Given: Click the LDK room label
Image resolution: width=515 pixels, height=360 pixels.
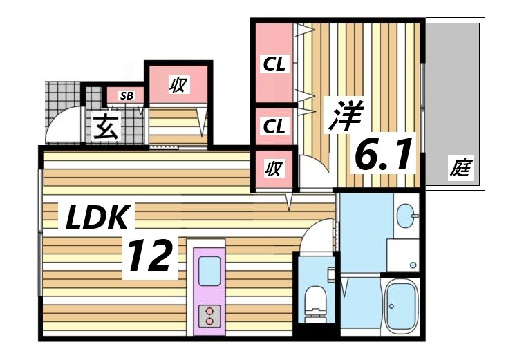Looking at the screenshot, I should pyautogui.click(x=97, y=218).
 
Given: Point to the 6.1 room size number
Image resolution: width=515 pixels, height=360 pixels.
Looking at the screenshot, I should pyautogui.click(x=384, y=155).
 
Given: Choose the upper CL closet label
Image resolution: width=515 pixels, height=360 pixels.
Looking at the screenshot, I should pyautogui.click(x=273, y=66).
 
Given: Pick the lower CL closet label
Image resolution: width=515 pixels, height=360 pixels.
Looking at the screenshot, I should pyautogui.click(x=273, y=126).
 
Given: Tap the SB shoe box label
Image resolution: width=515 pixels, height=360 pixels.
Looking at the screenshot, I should pyautogui.click(x=127, y=95).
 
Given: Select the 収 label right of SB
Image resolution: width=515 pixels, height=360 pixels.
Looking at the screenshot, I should pyautogui.click(x=178, y=85).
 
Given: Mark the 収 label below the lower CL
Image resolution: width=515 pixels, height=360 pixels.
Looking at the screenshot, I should pyautogui.click(x=273, y=168).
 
